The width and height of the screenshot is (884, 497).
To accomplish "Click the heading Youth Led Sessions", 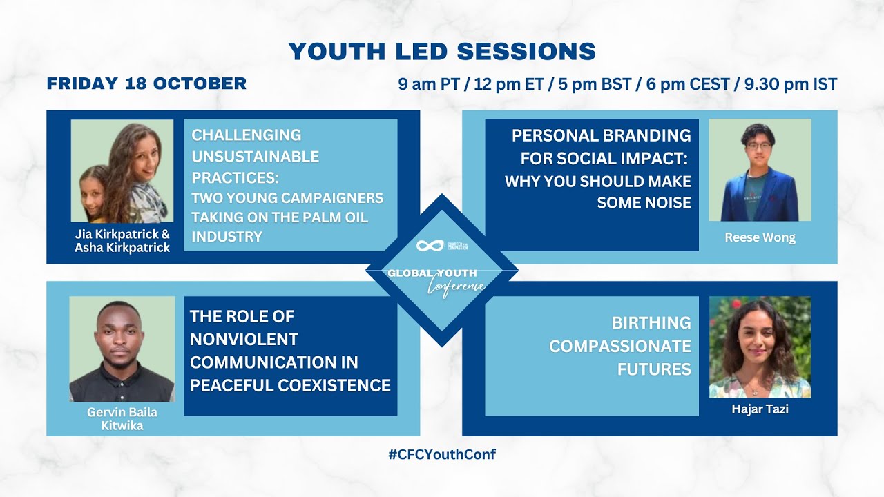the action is click(x=442, y=51).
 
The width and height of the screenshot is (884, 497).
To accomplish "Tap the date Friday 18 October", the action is click(x=147, y=84).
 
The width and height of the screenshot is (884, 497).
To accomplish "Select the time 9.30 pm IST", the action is click(x=791, y=84).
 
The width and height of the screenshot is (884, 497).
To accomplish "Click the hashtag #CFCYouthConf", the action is click(x=442, y=454).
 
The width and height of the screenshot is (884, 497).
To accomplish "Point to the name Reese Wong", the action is click(x=760, y=237).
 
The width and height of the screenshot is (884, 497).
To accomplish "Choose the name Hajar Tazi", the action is click(x=760, y=409).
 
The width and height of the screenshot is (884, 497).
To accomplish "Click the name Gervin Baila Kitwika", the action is click(x=122, y=418).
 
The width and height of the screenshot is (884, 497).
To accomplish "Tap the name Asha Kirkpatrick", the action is click(x=122, y=248).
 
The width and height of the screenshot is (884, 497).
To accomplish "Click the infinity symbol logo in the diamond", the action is click(x=430, y=246).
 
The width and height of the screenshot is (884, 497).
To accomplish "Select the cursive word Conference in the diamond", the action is click(x=457, y=286).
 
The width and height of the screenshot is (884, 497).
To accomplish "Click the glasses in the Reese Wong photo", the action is click(x=758, y=146).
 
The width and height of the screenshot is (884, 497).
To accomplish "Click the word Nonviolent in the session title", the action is click(x=244, y=339).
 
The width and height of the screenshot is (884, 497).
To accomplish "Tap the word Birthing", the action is click(x=651, y=322).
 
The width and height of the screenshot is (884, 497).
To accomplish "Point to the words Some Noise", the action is click(x=644, y=203).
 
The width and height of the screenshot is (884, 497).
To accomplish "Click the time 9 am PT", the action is click(x=429, y=84).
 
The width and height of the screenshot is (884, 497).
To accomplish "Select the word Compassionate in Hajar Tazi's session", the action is click(x=620, y=347).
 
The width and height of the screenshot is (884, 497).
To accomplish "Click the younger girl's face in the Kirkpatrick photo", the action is click(x=93, y=192).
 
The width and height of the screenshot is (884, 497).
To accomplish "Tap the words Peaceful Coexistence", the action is click(x=291, y=385).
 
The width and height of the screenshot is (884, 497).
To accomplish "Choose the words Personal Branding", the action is click(x=602, y=135).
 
